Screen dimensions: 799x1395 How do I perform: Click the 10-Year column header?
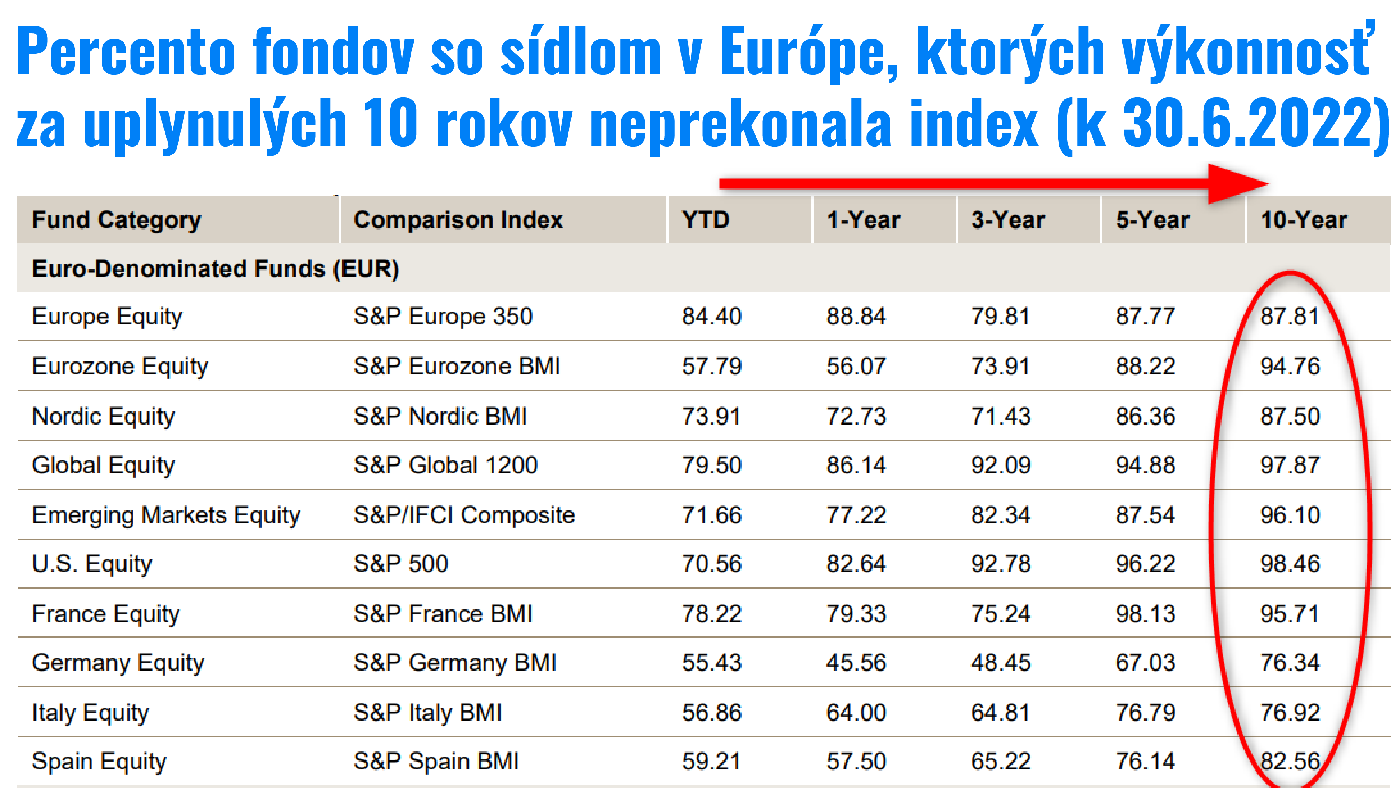pos(1303,220)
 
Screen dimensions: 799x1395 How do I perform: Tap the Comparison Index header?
pos(458,220)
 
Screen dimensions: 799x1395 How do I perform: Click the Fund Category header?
pos(116,220)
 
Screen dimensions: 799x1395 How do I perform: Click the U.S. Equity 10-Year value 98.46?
pos(1289,564)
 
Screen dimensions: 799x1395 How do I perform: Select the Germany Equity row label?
pos(118,663)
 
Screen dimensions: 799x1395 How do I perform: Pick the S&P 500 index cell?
pos(401,564)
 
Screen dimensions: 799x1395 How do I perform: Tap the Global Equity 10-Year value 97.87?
pos(1289,465)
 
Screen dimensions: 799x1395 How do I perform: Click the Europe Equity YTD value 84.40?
pos(712,317)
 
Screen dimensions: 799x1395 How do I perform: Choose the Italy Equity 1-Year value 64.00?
pos(856,713)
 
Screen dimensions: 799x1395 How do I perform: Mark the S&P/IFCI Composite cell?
pos(464,515)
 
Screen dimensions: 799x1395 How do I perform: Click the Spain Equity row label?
pos(99,762)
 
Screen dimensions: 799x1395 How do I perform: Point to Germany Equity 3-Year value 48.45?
pos(1000,663)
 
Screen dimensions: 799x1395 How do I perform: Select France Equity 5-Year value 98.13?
pos(1145,613)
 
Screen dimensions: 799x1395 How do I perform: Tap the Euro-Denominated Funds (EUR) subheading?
pos(215,269)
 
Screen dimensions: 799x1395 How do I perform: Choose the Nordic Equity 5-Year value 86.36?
pos(1145,416)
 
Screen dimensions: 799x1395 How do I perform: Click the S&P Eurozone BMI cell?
pos(457,367)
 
